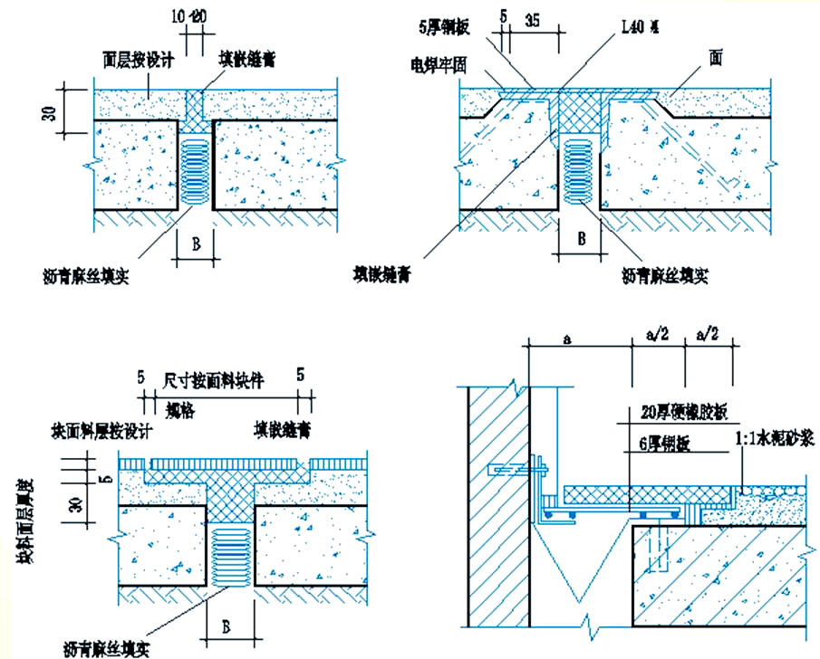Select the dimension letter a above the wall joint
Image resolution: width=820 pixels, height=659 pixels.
point(567,339)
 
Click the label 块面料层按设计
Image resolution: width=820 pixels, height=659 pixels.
point(105,430)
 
